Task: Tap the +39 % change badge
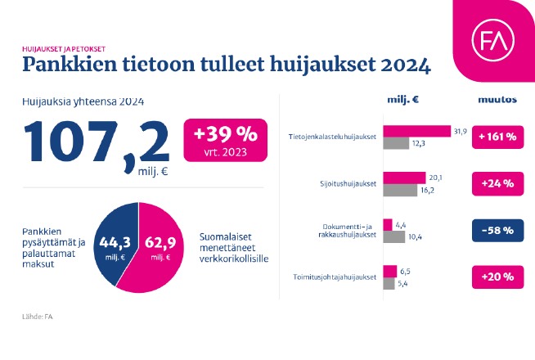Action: [x=225, y=140]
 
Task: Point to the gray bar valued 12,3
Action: [x=396, y=143]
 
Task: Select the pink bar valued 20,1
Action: [x=405, y=178]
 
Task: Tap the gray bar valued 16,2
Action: [x=400, y=190]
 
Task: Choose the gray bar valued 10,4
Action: [x=394, y=236]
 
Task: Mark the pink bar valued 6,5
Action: [x=390, y=271]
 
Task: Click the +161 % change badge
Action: [x=497, y=137]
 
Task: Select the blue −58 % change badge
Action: [x=497, y=230]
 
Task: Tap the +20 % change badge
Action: [x=497, y=277]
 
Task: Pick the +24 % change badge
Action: [x=497, y=183]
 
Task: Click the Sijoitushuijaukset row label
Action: [x=348, y=183]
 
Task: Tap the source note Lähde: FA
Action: [x=37, y=316]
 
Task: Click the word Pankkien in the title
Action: [x=65, y=63]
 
